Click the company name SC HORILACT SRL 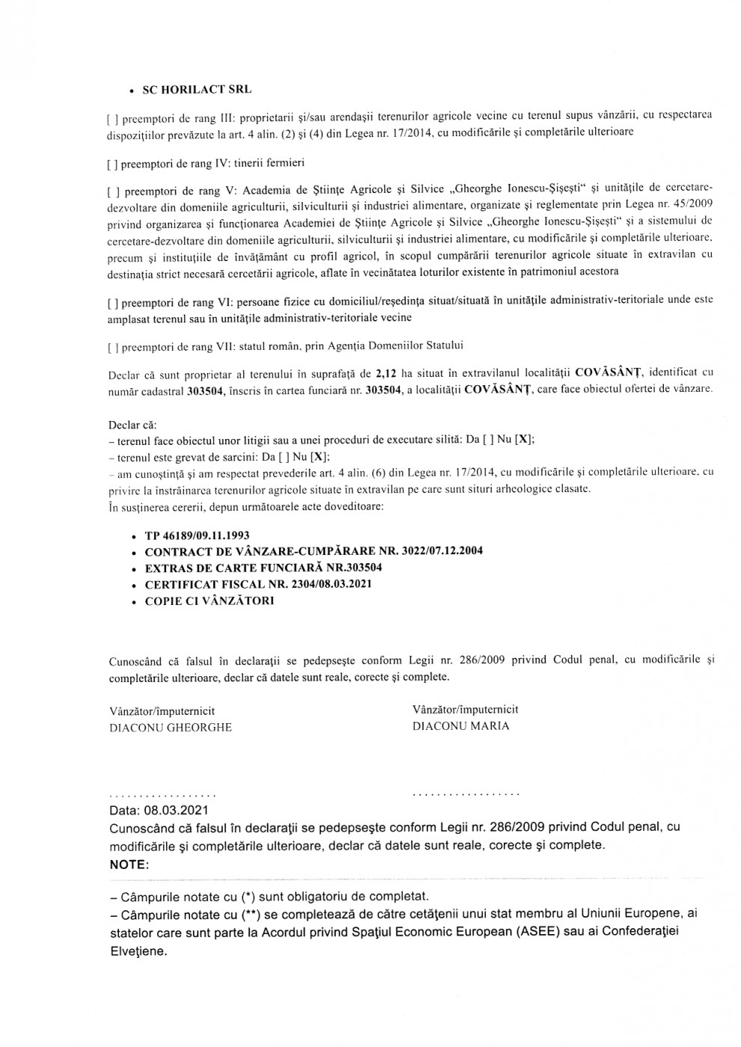coord(198,90)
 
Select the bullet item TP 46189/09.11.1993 coord(197,536)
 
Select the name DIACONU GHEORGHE coord(171,728)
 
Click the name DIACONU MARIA coord(461,726)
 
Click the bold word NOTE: coord(129,865)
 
